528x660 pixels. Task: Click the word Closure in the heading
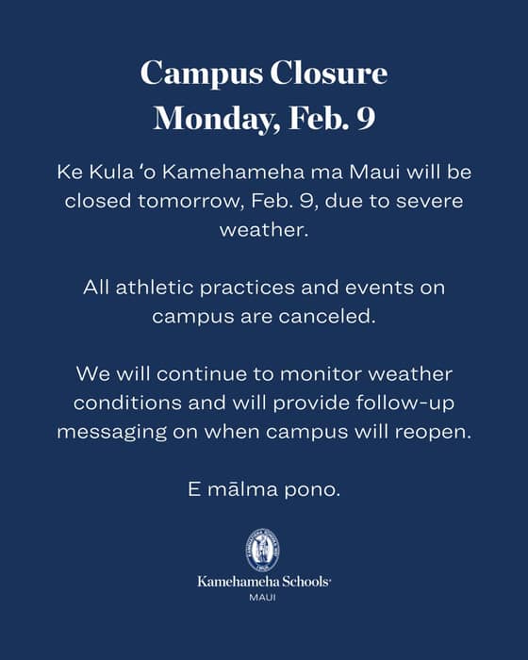[x=328, y=73]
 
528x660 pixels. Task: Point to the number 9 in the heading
[x=366, y=118]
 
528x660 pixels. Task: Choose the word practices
[x=247, y=289]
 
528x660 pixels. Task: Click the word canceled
[x=327, y=317]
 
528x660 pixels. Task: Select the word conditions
[x=128, y=403]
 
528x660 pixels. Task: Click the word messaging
[x=112, y=433]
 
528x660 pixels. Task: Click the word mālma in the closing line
[x=243, y=489]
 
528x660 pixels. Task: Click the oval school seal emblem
[x=263, y=551]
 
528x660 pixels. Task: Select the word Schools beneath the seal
[x=306, y=582]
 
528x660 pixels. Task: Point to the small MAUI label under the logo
[x=263, y=597]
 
